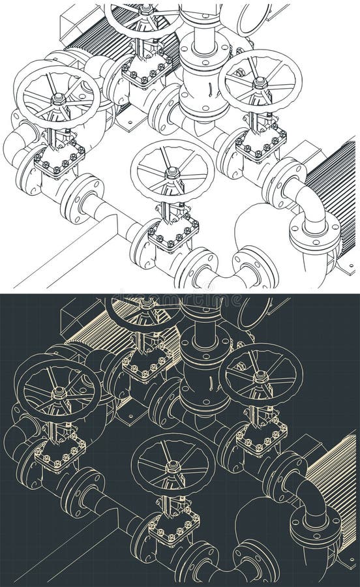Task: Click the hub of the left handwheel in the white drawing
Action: click(57, 98)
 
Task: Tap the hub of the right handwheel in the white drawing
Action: click(260, 82)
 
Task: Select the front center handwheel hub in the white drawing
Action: click(172, 173)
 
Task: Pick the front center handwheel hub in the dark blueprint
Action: click(173, 467)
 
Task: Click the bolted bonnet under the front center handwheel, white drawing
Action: click(172, 232)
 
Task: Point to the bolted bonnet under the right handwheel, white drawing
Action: click(260, 142)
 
